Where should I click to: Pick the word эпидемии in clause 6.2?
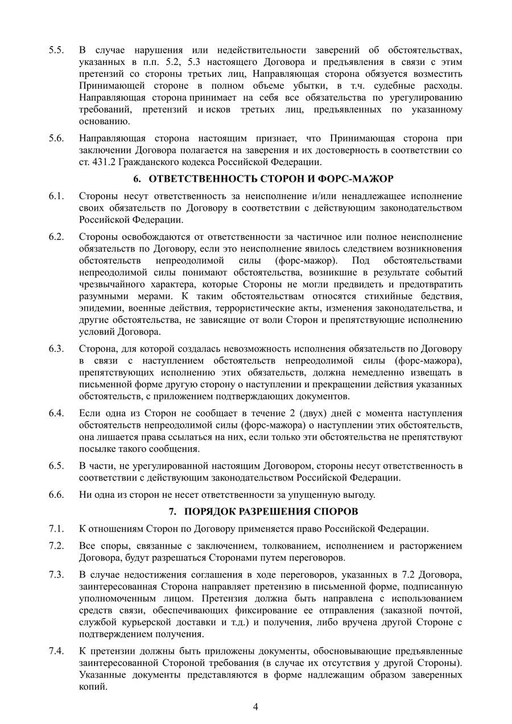point(98,308)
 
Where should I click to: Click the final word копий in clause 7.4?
point(92,686)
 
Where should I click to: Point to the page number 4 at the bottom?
point(256,707)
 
